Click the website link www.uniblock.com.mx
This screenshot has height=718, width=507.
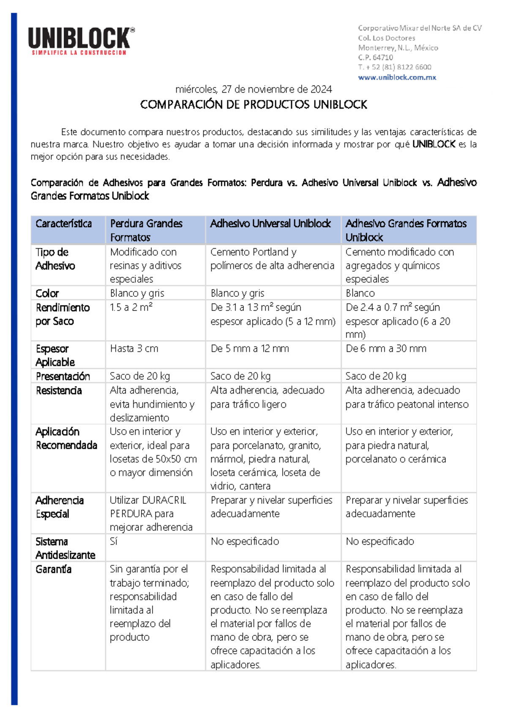pos(397,77)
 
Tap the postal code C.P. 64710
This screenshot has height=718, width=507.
pos(375,58)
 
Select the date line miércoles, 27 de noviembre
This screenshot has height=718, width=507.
pos(253,89)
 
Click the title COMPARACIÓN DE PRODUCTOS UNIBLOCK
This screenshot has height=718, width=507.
pos(253,104)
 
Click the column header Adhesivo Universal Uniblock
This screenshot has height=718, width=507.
pos(270,224)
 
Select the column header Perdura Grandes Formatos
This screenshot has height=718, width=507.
pos(146,230)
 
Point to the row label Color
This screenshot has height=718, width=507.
pos(47,293)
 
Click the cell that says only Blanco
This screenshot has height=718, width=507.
pos(360,293)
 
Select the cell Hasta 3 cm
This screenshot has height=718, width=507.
pos(134,348)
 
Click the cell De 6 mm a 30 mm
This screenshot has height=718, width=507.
pos(386,348)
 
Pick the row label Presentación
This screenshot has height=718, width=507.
pos(63,376)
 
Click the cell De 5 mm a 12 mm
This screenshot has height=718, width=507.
pos(250,348)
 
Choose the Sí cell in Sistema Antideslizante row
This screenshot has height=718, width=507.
pos(114,541)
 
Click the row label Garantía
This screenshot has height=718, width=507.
pos(53,569)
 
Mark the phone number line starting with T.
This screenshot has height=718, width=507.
pos(394,67)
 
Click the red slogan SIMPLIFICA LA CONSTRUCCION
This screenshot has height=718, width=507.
pos(79,53)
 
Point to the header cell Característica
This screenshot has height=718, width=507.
pos(63,224)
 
